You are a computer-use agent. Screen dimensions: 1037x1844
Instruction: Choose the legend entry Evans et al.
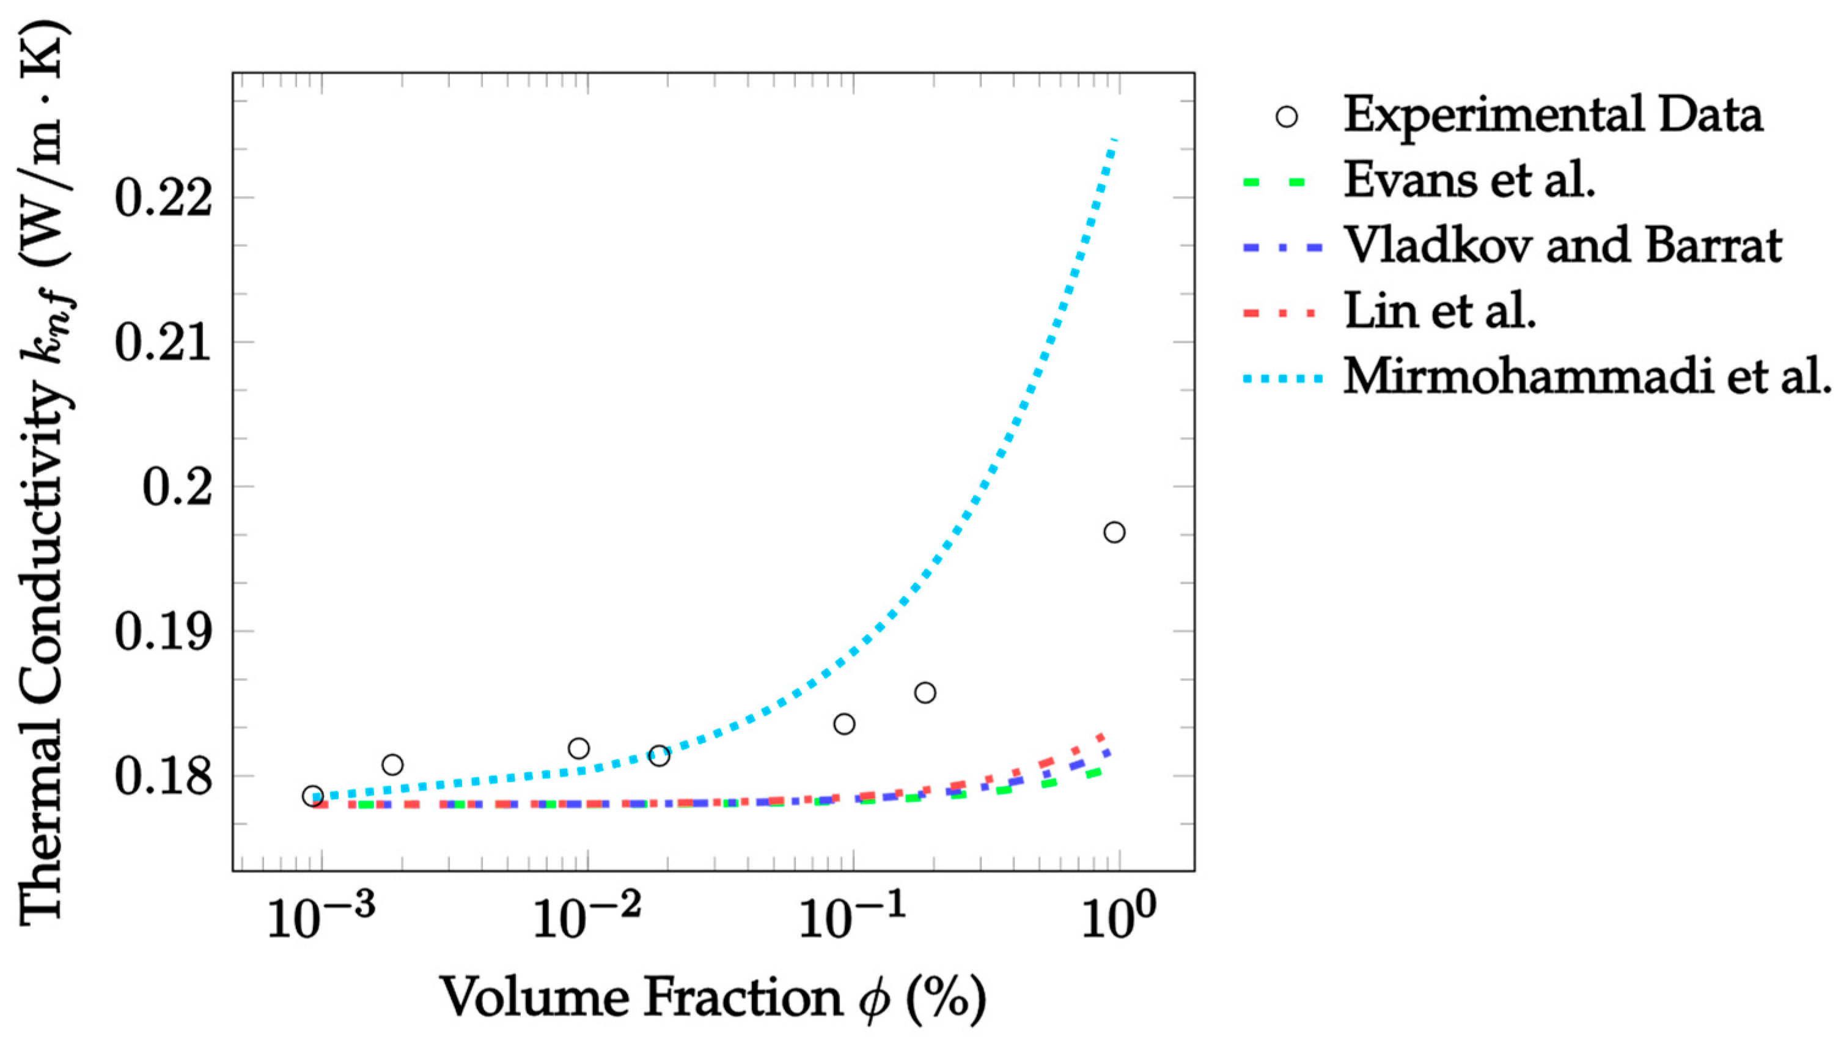[x=1468, y=180]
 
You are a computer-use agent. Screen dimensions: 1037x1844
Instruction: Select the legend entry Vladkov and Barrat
[x=1563, y=246]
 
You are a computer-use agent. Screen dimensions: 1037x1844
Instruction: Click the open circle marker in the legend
[x=1287, y=117]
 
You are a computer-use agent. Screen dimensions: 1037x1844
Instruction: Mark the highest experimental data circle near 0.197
[x=1114, y=532]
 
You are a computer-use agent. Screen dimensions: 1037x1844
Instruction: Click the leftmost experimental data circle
[x=313, y=795]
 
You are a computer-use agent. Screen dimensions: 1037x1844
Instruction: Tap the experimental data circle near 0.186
[x=925, y=693]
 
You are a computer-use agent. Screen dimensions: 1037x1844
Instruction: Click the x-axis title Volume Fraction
[x=712, y=997]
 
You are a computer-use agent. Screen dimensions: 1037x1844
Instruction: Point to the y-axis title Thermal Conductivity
[x=45, y=473]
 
